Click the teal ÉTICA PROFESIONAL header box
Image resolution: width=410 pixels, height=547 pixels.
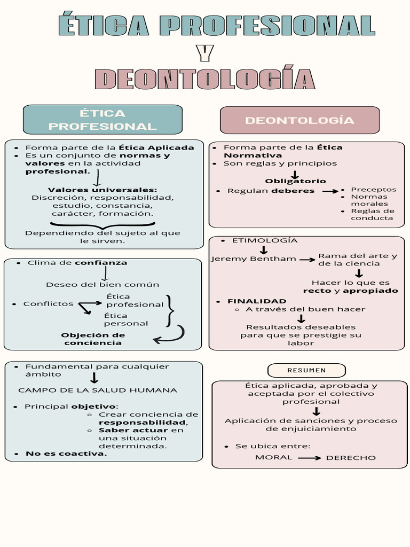tap(102, 120)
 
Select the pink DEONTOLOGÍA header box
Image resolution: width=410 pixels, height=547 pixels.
tap(299, 120)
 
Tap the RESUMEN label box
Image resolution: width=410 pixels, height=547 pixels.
tap(306, 370)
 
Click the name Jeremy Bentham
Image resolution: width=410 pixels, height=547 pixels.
tap(254, 259)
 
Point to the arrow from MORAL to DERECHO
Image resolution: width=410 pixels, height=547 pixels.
tap(309, 458)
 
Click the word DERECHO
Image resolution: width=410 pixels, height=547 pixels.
tap(351, 458)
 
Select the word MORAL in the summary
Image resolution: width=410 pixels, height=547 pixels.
tap(274, 457)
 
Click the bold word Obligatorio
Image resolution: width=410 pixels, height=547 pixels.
tap(295, 181)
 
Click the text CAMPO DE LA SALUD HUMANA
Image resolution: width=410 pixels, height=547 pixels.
tap(98, 390)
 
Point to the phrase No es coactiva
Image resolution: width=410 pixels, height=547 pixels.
tap(66, 454)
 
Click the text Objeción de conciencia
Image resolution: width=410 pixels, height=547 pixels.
tap(93, 339)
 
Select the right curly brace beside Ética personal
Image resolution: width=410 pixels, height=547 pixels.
tap(170, 310)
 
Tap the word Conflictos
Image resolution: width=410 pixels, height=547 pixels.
tap(48, 304)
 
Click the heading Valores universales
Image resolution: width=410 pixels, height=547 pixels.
tap(102, 190)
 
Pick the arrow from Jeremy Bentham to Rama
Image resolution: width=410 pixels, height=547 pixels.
tap(307, 260)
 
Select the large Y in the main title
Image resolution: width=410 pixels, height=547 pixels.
tap(204, 53)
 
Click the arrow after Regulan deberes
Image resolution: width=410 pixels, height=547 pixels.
tap(330, 191)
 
